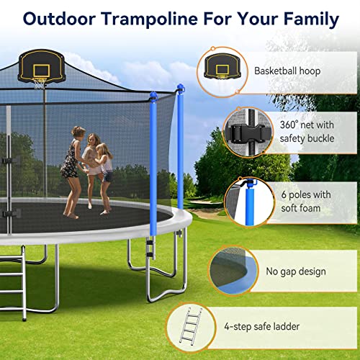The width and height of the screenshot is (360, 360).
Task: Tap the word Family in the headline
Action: point(311,19)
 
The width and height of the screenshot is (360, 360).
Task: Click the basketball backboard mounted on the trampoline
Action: point(42,66)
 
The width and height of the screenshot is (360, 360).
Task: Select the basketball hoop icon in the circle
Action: point(222,66)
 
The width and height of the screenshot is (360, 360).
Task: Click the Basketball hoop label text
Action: point(287,71)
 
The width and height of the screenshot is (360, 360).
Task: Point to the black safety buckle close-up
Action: point(248,132)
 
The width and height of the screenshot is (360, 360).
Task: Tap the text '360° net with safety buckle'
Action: point(307,132)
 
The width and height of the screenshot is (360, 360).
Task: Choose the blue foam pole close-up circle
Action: point(250,202)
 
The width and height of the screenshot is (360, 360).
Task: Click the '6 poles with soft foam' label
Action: point(306,202)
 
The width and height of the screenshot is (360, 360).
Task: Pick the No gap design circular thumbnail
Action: point(233,271)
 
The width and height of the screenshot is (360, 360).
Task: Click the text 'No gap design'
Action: point(296,271)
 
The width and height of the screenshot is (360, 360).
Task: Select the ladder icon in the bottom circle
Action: point(191,325)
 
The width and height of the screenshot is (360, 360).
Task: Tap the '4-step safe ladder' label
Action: point(262,326)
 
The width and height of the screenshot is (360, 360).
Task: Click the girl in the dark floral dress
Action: point(73,171)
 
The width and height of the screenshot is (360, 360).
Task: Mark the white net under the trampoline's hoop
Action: point(39,84)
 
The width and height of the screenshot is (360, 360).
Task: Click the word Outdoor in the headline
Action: point(59,19)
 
